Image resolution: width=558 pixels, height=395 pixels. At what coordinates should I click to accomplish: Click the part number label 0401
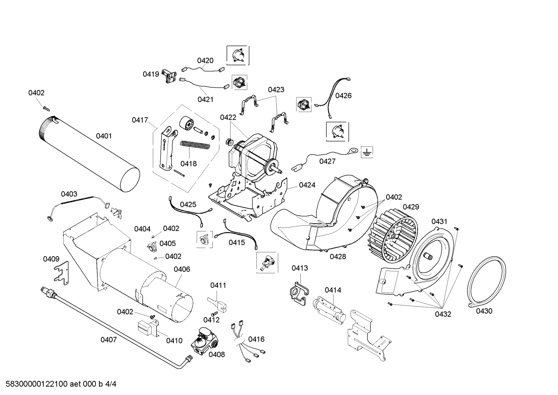(x=104, y=136)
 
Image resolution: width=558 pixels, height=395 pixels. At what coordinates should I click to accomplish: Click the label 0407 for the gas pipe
(x=108, y=340)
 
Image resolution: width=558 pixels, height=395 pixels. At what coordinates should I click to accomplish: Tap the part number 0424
(x=307, y=185)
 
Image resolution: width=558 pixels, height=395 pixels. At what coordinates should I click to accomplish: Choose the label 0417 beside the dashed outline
(x=140, y=120)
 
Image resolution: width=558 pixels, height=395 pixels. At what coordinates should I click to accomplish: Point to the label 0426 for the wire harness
(x=343, y=95)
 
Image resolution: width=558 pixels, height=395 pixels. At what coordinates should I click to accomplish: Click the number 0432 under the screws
(x=443, y=314)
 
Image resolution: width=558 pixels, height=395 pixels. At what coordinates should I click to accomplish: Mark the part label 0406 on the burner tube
(x=181, y=269)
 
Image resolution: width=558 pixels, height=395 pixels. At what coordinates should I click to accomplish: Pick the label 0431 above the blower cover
(x=439, y=221)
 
